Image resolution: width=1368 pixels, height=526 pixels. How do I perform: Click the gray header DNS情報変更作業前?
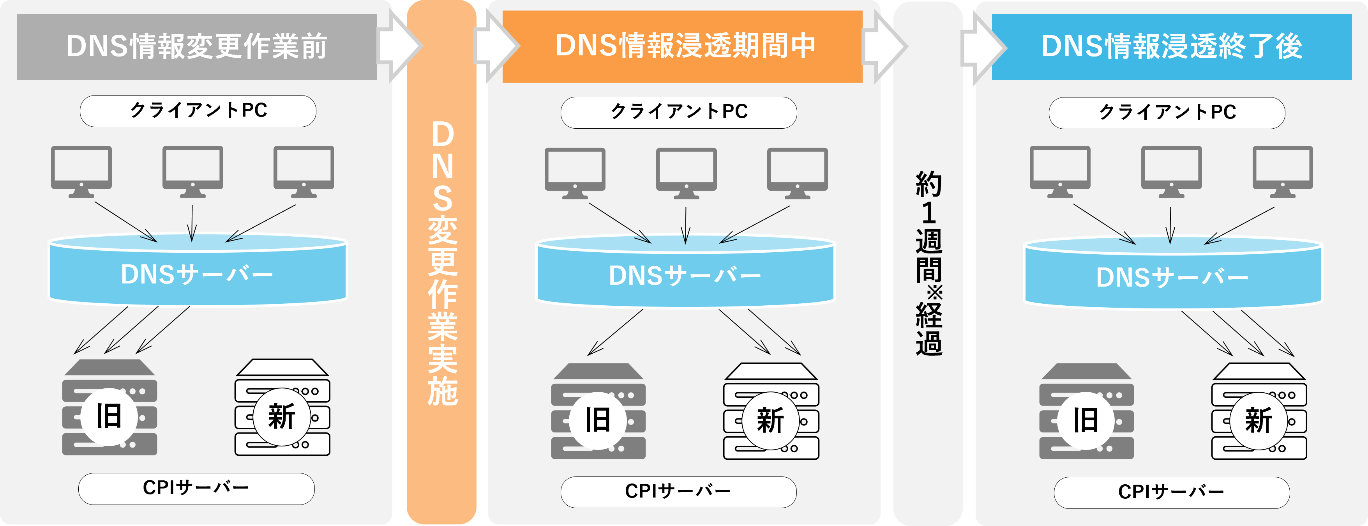[196, 47]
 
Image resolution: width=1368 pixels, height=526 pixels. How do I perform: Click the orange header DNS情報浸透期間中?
[682, 46]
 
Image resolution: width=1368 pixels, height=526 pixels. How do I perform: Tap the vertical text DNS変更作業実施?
[442, 263]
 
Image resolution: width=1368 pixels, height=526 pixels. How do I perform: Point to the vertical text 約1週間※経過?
[928, 263]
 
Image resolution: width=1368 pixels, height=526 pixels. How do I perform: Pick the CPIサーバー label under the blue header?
[1172, 492]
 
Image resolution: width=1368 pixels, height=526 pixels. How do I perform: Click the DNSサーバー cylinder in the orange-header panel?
[685, 274]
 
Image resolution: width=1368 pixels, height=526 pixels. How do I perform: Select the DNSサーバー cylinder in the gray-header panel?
[198, 272]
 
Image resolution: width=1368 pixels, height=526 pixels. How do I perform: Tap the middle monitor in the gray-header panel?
[193, 170]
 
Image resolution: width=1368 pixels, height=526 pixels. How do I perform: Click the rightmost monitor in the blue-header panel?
[1283, 170]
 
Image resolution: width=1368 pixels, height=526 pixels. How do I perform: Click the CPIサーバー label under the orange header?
[678, 491]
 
